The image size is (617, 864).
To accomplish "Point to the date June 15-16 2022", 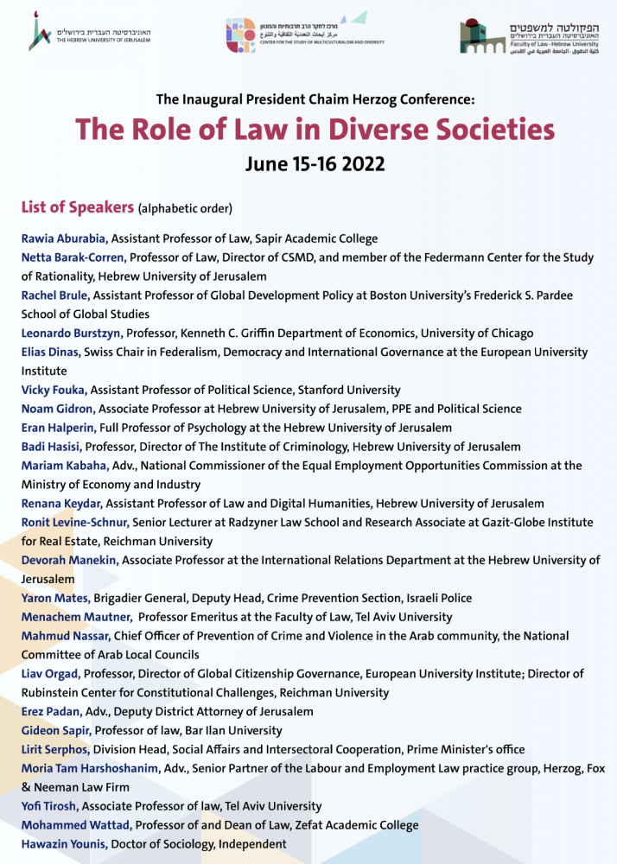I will coord(314,163).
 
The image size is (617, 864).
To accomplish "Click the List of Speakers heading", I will coord(78,207).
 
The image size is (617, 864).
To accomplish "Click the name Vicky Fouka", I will coord(54,391).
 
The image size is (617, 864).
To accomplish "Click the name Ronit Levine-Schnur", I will coord(76,523).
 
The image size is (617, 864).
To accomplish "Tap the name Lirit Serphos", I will coord(56,749).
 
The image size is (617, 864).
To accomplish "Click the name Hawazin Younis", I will coord(65,844).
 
